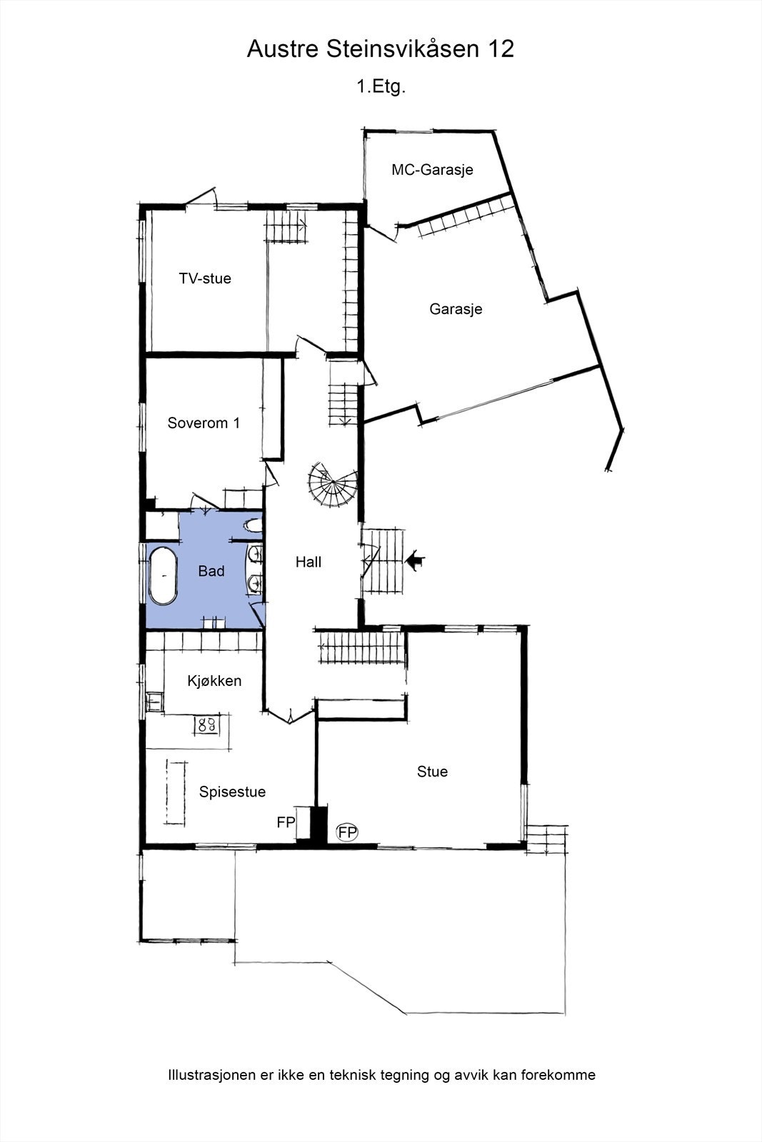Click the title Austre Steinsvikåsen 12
tap(380, 49)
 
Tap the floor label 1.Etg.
tap(381, 87)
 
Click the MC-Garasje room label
tap(432, 170)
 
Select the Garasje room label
tap(456, 309)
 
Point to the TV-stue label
tap(205, 278)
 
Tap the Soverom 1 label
tap(204, 423)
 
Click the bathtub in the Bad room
tap(163, 576)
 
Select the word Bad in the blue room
tap(211, 571)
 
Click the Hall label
tap(309, 562)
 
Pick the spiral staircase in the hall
tap(333, 485)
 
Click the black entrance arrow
tap(414, 561)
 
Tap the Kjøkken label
tap(214, 681)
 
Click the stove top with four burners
tap(207, 726)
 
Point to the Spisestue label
tap(232, 792)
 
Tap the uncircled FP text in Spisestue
tap(286, 822)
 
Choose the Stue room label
tap(432, 772)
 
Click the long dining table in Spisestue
tap(176, 792)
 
